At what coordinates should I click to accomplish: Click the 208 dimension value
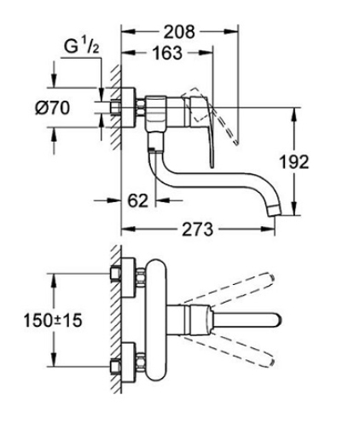180,32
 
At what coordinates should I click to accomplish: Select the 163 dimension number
167,53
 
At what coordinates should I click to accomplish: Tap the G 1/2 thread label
82,46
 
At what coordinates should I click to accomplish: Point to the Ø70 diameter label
53,108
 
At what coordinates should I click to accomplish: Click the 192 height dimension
294,161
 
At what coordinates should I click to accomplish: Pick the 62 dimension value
138,200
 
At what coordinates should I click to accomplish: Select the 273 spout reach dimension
197,229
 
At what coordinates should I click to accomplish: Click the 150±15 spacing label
53,320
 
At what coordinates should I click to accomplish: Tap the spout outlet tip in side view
275,210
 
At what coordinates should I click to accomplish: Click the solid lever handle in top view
246,321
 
